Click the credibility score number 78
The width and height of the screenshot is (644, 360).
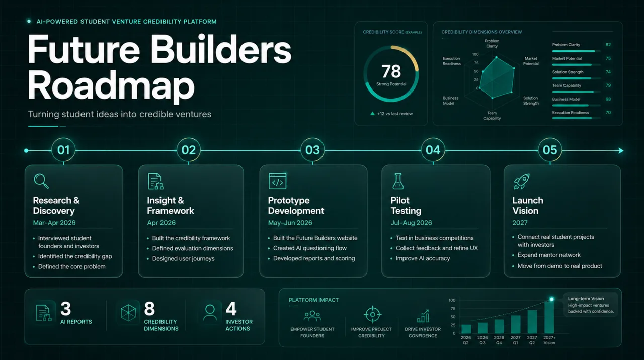391,71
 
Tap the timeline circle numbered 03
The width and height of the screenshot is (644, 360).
312,150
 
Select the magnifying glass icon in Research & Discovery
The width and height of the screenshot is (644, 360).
41,181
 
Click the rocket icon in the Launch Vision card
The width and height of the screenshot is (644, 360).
522,182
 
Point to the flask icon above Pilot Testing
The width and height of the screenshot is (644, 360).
398,181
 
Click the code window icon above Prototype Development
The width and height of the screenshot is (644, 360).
277,181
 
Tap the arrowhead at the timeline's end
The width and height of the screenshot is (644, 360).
621,150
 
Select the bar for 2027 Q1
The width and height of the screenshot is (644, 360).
516,324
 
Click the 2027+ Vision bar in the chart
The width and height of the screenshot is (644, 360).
549,317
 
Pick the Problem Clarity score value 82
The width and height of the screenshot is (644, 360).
608,45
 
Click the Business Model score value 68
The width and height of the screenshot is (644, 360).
608,99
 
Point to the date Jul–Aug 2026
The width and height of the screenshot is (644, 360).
411,223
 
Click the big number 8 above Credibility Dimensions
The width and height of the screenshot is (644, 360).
149,309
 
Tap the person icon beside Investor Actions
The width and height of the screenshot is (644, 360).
210,313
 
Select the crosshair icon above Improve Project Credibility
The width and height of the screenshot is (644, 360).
372,314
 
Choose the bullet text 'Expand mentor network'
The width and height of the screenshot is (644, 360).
549,255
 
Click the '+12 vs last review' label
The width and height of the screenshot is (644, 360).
395,114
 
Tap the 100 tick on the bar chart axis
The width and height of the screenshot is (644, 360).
452,300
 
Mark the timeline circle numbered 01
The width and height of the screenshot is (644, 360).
63,150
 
